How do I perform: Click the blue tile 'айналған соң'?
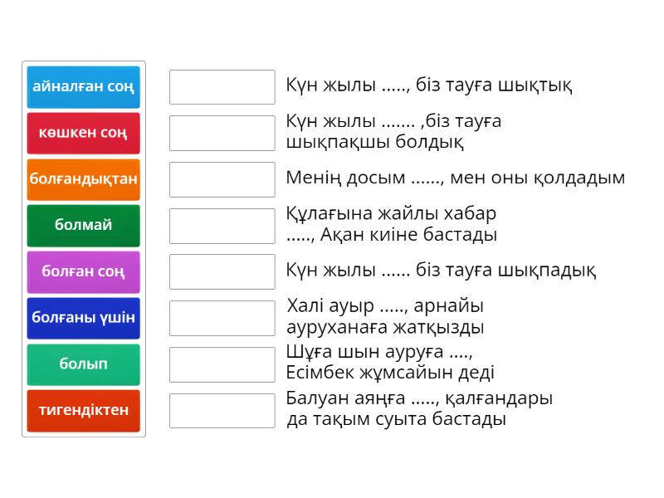pos(83,86)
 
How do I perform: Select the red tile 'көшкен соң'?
pos(83,133)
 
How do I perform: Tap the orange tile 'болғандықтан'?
pos(83,178)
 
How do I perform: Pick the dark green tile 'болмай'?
pos(83,225)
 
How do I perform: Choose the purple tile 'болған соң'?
pos(83,271)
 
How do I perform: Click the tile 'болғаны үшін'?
pos(83,317)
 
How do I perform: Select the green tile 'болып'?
pos(83,364)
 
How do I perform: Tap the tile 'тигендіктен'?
pos(83,410)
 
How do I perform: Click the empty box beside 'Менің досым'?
pos(222,178)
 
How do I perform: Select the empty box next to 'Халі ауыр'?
pos(222,317)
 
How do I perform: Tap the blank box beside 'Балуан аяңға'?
pos(222,410)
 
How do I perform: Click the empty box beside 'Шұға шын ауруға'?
pos(222,364)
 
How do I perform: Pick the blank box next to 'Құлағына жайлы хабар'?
pos(222,225)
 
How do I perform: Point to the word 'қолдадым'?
pos(583,178)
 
